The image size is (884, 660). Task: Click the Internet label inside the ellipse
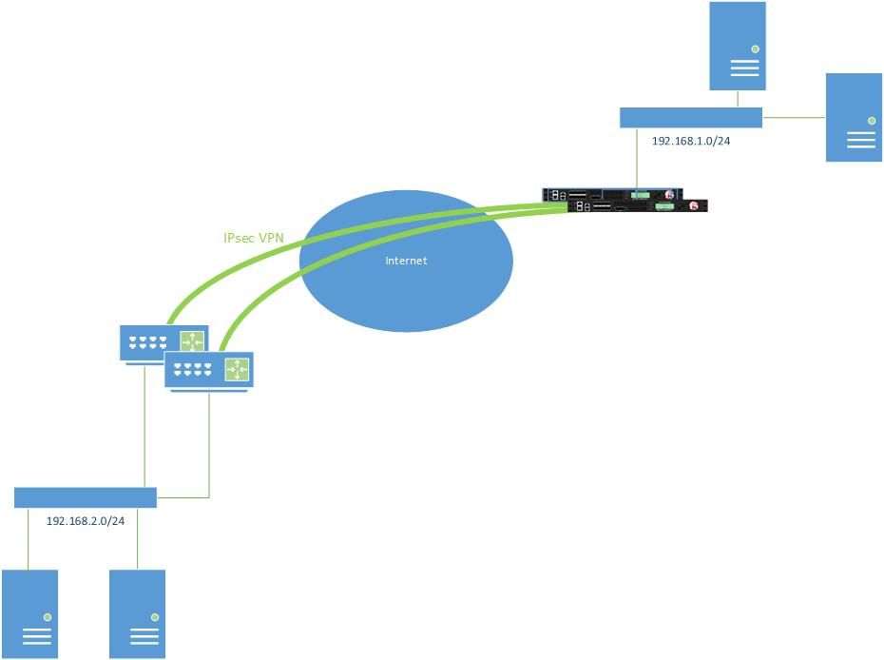(406, 261)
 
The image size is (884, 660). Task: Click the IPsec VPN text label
(254, 238)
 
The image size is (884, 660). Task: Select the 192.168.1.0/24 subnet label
(691, 141)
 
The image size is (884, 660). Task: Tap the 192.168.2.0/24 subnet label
(86, 520)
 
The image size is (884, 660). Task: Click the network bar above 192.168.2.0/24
(86, 497)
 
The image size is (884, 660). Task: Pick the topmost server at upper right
(738, 46)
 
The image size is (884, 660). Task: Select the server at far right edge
(854, 117)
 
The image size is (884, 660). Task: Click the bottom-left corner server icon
(29, 613)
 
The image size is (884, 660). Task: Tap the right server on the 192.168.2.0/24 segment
(137, 613)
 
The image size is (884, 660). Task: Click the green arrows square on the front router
(237, 369)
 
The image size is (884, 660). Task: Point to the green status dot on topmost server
(755, 49)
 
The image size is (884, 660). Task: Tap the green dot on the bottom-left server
(47, 617)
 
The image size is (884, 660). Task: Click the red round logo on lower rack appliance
(694, 206)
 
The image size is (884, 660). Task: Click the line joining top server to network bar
(738, 99)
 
